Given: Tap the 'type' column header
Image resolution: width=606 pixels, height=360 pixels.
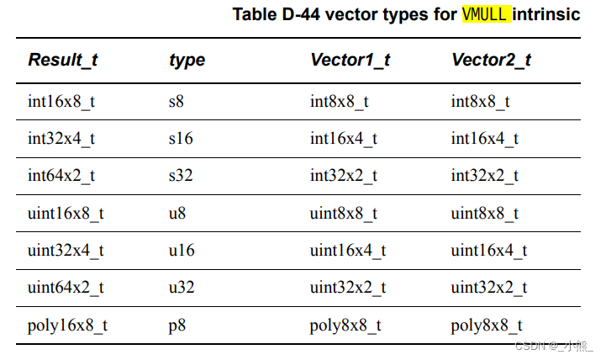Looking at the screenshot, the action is [187, 60].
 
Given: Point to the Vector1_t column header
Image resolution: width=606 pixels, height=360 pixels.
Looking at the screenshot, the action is [350, 60].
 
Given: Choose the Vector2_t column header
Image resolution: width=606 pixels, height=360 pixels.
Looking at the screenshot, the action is [491, 60].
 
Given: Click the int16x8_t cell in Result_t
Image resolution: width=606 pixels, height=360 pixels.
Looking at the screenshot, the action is [61, 102].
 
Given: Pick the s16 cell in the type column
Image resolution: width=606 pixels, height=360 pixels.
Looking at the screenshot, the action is [182, 139].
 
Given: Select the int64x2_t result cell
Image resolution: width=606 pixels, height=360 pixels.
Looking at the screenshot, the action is [61, 176].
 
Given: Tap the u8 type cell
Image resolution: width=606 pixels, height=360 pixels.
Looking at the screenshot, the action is [177, 213].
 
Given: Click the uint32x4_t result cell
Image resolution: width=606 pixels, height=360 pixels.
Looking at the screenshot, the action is [66, 250].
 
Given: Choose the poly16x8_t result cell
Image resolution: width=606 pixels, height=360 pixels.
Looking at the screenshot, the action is [67, 325].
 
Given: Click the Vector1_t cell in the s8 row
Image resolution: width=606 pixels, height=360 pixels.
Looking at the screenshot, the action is [340, 102].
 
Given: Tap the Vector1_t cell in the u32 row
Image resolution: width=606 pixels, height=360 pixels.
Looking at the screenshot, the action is [348, 288].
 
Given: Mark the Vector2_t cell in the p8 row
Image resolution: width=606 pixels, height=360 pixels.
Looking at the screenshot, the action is [487, 325].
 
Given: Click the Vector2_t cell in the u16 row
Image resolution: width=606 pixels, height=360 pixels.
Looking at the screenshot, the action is [489, 250].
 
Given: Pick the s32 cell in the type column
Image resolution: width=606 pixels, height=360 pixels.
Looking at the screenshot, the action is [182, 176].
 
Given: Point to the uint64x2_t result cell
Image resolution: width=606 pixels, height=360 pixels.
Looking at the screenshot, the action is [66, 288].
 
